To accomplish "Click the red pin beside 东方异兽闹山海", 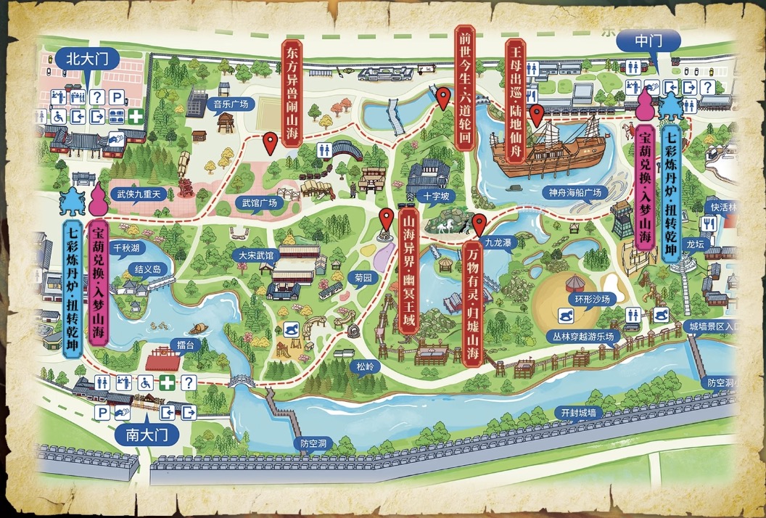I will click(x=271, y=143).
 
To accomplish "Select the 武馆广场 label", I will click(x=260, y=203).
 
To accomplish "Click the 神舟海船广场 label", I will click(x=576, y=193).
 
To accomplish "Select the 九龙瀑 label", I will click(x=498, y=243).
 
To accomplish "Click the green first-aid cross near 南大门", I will click(x=168, y=382).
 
